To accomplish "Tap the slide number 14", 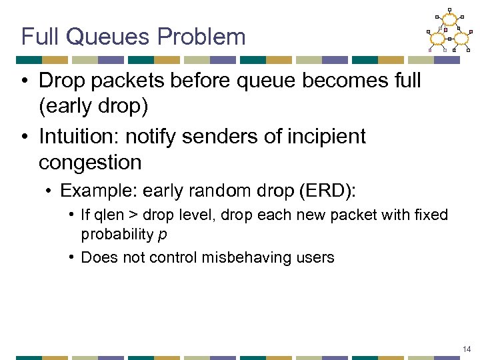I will (466, 349).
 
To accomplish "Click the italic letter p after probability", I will (162, 235).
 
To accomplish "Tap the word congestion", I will (90, 162).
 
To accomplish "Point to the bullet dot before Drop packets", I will (24, 81).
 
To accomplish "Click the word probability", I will (117, 235).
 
